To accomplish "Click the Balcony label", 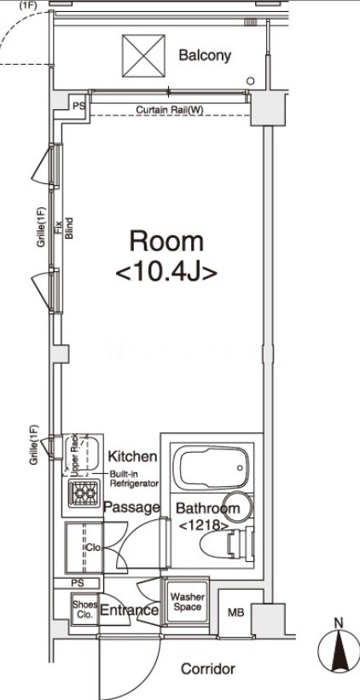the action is [x=205, y=55].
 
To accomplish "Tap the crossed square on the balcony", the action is [x=144, y=55].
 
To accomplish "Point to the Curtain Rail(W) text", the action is [x=166, y=109].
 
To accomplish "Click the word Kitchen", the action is [x=133, y=456].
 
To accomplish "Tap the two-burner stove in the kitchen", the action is [x=84, y=493].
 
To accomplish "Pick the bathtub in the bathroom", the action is [x=212, y=467].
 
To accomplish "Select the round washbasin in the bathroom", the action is [x=239, y=506].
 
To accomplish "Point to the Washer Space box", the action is [x=188, y=601].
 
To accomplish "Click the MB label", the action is [x=235, y=612].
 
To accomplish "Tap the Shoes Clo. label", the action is [x=84, y=610].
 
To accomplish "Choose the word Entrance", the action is [x=129, y=610].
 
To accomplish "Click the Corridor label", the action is [x=207, y=668].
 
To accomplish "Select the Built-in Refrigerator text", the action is [x=135, y=478].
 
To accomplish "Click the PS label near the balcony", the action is [x=78, y=107].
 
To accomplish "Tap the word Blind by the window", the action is [x=69, y=228].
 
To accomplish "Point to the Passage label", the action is [x=131, y=507].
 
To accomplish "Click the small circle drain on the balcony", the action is [x=251, y=81].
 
